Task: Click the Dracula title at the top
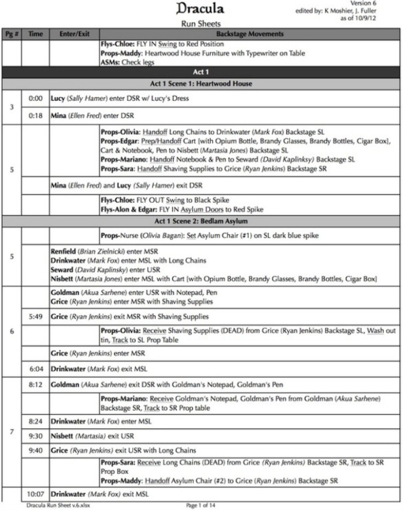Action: tap(201, 10)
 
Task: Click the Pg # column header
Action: tap(11, 34)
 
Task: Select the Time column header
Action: tap(35, 34)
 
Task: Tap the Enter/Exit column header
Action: tap(74, 34)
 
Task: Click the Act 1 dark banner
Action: tap(201, 71)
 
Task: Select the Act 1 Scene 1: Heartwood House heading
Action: tap(201, 83)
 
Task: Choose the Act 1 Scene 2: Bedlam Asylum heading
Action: tap(201, 221)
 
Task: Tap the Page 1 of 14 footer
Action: tap(201, 505)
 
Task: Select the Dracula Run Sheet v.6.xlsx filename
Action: tap(52, 505)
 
